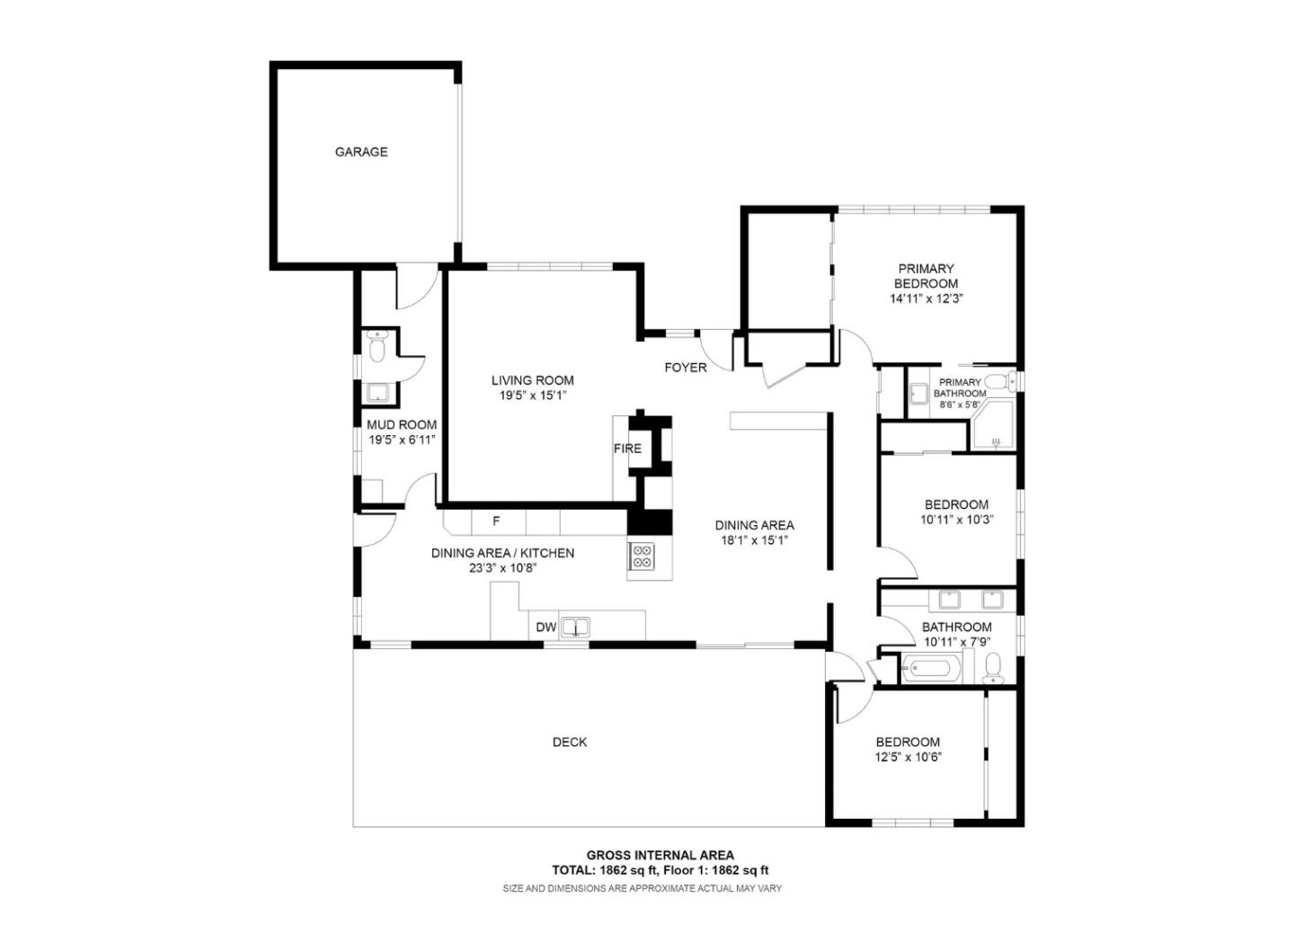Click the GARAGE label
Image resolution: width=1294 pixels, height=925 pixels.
tap(361, 152)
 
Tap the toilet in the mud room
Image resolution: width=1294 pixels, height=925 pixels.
tap(377, 347)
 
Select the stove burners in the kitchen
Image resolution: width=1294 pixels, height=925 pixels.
tap(642, 556)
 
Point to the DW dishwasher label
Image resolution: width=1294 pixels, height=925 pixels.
tap(546, 627)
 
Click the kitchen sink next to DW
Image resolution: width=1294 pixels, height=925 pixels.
tap(574, 627)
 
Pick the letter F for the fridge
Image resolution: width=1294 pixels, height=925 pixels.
tap(496, 520)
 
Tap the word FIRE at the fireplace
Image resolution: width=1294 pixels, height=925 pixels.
tap(627, 448)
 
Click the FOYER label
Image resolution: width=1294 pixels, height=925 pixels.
tap(686, 367)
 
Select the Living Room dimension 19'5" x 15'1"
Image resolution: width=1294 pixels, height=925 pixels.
tap(533, 396)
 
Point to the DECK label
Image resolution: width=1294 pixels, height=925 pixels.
tap(570, 742)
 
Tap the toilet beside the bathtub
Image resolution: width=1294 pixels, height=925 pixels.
tap(993, 667)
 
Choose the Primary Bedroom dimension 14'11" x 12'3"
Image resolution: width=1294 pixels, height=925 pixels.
tap(926, 298)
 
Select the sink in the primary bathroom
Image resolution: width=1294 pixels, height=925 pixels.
tap(918, 394)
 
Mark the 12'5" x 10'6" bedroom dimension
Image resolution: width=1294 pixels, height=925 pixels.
tap(908, 757)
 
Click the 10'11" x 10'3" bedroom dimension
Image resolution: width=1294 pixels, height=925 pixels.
tap(957, 520)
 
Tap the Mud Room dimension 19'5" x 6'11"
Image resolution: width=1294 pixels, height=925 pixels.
tap(402, 440)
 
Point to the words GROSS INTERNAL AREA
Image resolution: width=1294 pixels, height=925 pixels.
tap(660, 855)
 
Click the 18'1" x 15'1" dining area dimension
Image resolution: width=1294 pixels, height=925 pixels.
tap(755, 540)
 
